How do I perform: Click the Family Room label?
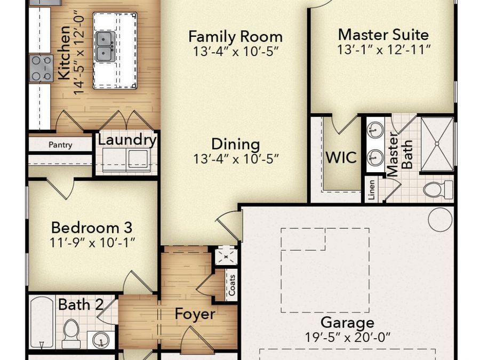(235, 36)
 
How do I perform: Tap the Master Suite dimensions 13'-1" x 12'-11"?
(384, 50)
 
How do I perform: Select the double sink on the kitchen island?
(106, 46)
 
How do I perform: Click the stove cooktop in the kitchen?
(41, 68)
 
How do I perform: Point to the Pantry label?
(60, 145)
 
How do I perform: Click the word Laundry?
(127, 140)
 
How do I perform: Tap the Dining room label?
(236, 145)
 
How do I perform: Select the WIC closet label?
(341, 157)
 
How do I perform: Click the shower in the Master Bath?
(437, 143)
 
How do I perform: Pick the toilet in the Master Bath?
(438, 189)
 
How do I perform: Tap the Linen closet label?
(371, 190)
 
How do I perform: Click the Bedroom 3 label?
(92, 228)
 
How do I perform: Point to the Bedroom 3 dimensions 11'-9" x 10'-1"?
(92, 243)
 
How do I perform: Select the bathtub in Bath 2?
(42, 322)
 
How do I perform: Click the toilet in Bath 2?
(71, 333)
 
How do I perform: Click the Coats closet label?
(232, 285)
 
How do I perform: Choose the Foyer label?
(195, 314)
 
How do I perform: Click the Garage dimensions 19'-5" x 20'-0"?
(348, 338)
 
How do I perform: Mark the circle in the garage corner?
(440, 220)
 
